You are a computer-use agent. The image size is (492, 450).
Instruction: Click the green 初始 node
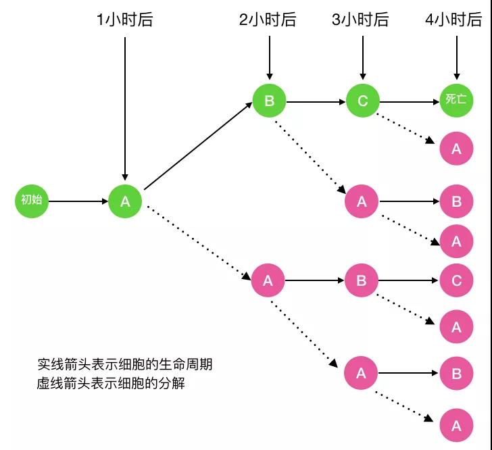[32, 201]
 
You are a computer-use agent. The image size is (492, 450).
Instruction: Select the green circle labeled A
[125, 201]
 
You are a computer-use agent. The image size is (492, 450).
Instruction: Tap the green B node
[269, 102]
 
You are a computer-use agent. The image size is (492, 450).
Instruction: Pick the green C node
[363, 102]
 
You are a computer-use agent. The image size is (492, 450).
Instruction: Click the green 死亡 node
[456, 101]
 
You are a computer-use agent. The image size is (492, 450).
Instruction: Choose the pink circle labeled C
[456, 280]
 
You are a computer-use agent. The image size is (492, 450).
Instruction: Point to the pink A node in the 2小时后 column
[268, 280]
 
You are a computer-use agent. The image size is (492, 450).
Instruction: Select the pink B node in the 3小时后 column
[362, 280]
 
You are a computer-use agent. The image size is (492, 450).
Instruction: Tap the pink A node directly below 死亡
[456, 149]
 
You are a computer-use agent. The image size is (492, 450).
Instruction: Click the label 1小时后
[125, 20]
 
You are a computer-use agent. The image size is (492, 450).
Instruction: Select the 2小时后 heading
[268, 20]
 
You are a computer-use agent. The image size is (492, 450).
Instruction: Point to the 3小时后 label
[361, 20]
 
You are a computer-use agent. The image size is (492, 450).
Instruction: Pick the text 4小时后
[454, 20]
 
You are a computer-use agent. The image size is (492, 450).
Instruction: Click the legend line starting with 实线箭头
[125, 364]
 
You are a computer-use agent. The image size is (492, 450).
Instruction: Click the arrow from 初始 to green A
[78, 201]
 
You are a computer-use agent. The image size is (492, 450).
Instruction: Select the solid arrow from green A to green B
[198, 147]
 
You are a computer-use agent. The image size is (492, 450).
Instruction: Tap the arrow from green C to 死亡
[410, 102]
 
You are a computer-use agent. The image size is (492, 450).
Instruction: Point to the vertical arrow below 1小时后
[125, 108]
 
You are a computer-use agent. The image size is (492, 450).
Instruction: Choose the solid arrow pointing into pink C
[409, 280]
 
